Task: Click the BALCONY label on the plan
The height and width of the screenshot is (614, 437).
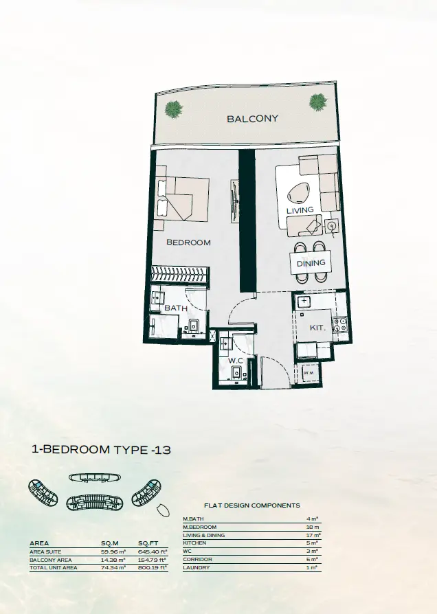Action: [252, 118]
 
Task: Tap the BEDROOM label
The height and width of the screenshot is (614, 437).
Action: [188, 242]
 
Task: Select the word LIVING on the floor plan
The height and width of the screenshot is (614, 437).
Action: [300, 210]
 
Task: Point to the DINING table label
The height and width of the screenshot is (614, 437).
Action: [311, 263]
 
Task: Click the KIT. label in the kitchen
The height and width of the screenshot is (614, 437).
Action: [317, 328]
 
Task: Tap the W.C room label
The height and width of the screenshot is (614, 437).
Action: [236, 361]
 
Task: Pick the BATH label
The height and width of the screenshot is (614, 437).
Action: [176, 308]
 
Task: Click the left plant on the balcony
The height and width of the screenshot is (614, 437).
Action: [174, 109]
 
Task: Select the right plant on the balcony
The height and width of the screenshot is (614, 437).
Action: [318, 102]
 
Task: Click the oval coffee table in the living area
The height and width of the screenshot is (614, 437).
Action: [298, 194]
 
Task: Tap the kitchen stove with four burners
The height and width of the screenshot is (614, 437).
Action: [339, 325]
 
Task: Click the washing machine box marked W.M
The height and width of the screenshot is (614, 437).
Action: [309, 373]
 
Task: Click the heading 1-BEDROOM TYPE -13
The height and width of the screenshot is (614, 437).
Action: [101, 450]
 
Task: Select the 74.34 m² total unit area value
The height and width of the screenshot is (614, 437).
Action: [113, 567]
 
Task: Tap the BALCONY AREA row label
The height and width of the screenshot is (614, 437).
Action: [51, 560]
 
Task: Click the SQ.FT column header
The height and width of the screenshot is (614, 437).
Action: [148, 543]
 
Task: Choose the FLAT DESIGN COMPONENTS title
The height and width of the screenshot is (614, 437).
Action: [252, 505]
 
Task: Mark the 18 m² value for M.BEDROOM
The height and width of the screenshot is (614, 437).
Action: [313, 527]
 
